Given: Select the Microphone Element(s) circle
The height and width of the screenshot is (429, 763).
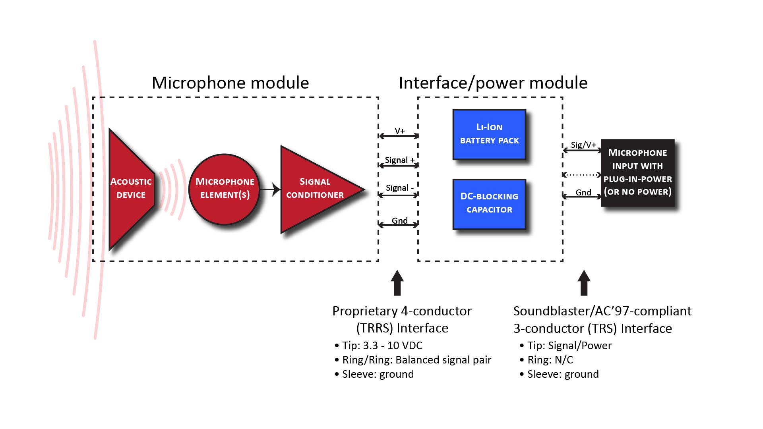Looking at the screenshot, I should tap(225, 189).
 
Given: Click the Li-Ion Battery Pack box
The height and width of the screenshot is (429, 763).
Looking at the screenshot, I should tap(489, 134).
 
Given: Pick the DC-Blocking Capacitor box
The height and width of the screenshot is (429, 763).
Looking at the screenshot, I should tap(489, 203).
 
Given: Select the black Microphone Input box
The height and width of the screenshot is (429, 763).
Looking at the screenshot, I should tap(637, 172).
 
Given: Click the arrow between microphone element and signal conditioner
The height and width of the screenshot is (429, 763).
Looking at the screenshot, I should tap(271, 189).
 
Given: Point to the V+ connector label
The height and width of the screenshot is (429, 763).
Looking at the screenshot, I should tap(399, 131).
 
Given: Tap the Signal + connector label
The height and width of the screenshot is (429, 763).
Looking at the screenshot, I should tap(399, 160).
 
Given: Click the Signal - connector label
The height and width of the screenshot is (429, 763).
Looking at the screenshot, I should tap(399, 187).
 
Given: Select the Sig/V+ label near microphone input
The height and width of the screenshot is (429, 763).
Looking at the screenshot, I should tap(583, 145).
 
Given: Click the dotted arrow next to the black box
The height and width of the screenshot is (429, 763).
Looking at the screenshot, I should tap(581, 174).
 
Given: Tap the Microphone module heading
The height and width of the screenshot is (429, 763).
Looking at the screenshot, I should tap(230, 83).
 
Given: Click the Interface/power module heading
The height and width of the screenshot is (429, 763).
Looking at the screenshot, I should tap(493, 83).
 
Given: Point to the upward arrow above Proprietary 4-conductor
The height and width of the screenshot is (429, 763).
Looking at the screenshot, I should tap(397, 283).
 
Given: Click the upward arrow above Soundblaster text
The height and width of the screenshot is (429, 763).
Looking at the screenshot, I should tap(584, 283).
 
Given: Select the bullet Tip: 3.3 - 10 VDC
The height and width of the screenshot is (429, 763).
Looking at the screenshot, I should tap(382, 345).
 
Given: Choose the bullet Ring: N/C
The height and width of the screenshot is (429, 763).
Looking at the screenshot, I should tap(550, 359).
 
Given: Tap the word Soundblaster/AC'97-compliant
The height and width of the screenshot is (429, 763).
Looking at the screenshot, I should tap(602, 311).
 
